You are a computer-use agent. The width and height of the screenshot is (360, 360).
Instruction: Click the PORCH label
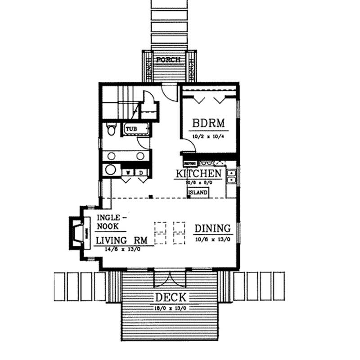pyautogui.click(x=168, y=59)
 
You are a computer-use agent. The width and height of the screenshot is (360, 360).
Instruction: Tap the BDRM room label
pyautogui.click(x=208, y=123)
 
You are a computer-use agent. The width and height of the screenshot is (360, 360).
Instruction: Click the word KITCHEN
pyautogui.click(x=198, y=174)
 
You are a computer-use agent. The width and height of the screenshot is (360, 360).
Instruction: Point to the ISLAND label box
pyautogui.click(x=198, y=192)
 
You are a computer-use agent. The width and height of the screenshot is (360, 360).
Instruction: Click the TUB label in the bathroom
pyautogui.click(x=131, y=129)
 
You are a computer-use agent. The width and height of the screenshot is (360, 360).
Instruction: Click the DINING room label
pyautogui.click(x=212, y=228)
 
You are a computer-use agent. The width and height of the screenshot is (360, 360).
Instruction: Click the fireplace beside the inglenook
pyautogui.click(x=76, y=233)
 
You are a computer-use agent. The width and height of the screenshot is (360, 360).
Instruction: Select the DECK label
pyautogui.click(x=171, y=297)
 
